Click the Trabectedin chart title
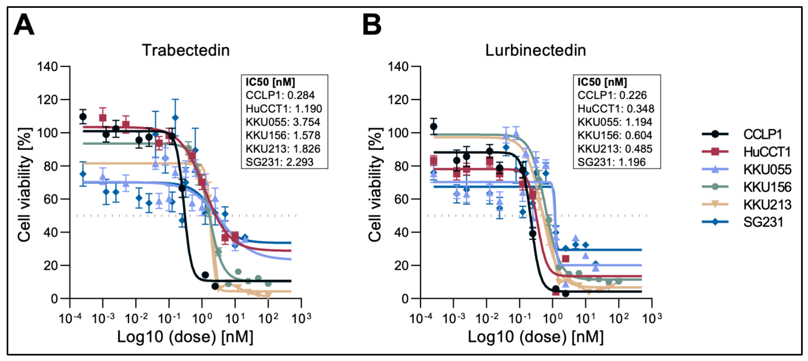click(186, 50)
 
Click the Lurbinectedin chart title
click(535, 50)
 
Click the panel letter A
click(24, 25)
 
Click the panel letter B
click(372, 25)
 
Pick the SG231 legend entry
click(763, 222)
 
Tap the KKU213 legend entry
click(767, 205)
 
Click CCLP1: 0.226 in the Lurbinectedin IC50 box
click(612, 95)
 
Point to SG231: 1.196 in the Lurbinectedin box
click(611, 162)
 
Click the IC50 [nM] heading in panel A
click(270, 82)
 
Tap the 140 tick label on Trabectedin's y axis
click(47, 66)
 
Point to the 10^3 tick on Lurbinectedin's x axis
click(652, 318)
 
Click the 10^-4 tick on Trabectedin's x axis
click(70, 318)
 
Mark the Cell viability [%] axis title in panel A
click(24, 185)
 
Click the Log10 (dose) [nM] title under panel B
click(535, 337)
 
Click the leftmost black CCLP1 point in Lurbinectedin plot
click(434, 126)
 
